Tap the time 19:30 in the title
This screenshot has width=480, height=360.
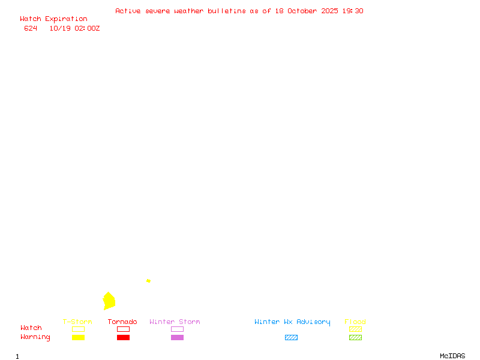click(354, 11)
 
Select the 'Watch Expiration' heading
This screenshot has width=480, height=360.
click(53, 19)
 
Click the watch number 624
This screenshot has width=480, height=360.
click(31, 28)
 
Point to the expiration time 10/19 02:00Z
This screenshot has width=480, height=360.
click(74, 28)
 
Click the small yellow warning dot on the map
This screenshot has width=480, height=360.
click(148, 281)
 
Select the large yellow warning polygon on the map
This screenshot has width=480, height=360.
click(109, 301)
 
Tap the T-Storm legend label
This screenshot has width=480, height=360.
click(77, 322)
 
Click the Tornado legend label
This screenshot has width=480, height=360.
click(122, 322)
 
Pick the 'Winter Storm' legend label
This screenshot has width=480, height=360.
click(175, 322)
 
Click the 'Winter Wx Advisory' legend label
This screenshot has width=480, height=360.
click(292, 322)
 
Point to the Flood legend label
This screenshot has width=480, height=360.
click(355, 322)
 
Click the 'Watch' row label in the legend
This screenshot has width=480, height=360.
click(31, 328)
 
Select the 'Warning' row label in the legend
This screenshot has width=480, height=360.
click(35, 337)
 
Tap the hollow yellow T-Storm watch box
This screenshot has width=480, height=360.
click(78, 329)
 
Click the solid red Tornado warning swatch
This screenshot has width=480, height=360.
click(123, 337)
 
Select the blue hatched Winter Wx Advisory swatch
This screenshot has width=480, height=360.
click(291, 337)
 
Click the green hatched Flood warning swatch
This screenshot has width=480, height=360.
click(355, 337)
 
